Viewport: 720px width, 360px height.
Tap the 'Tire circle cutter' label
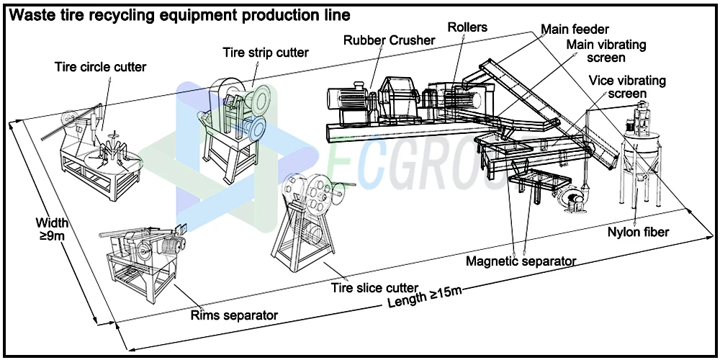pos(101,67)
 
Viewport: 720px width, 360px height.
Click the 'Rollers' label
pos(467,27)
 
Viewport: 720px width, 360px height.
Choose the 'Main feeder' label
pos(575,30)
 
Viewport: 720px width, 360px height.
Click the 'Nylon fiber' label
pos(638,232)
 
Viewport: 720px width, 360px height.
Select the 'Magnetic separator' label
pos(521,261)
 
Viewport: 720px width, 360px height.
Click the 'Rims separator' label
pos(234,315)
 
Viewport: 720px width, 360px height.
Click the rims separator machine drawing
pos(144,256)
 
